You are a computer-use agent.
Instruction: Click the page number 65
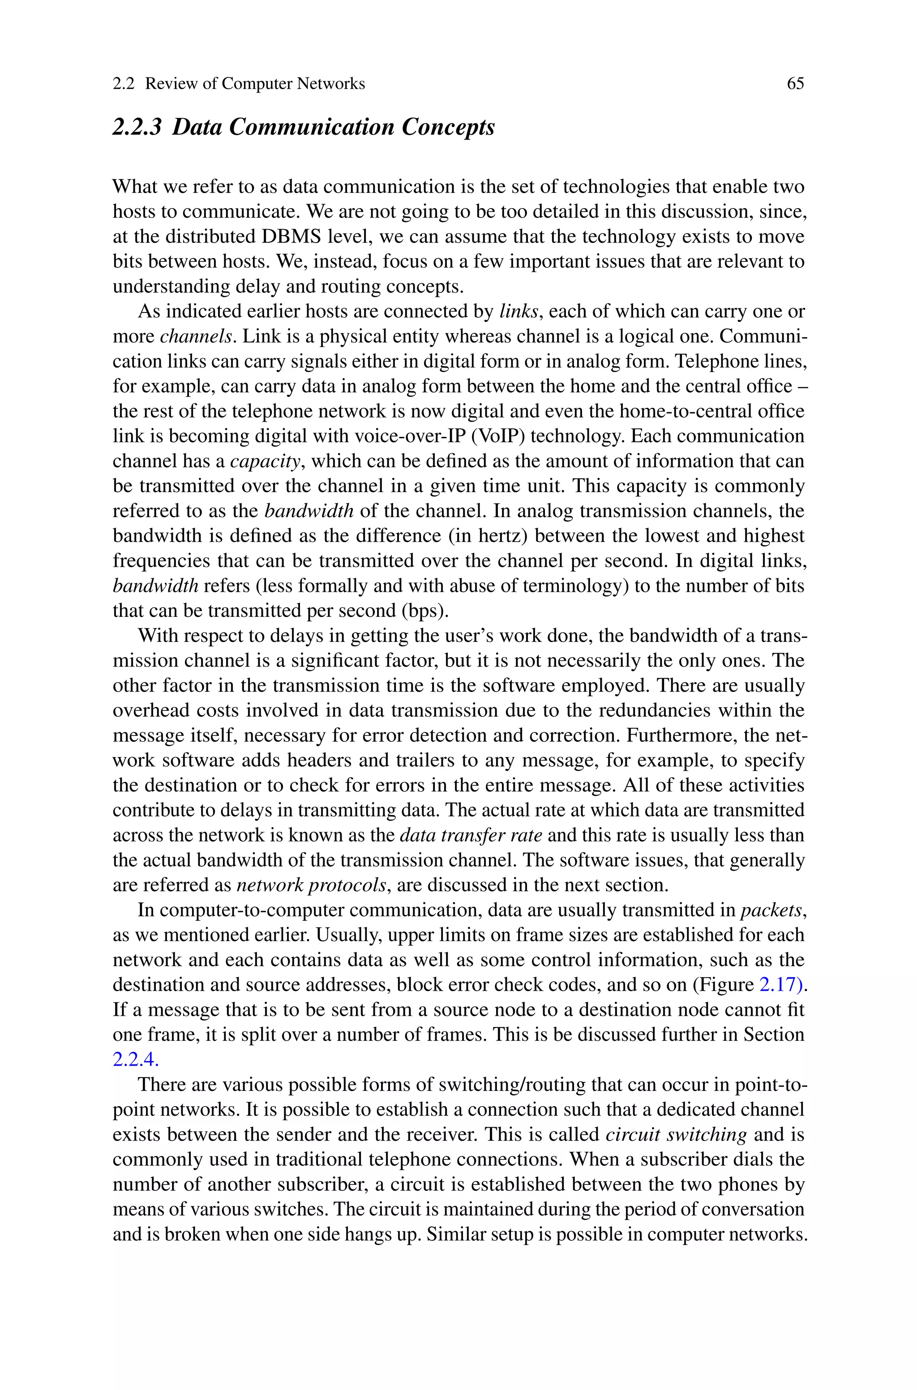[795, 84]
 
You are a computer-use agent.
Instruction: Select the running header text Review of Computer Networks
[254, 84]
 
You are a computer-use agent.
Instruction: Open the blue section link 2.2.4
[135, 1059]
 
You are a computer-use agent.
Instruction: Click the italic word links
[518, 312]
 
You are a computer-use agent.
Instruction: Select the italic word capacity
[265, 461]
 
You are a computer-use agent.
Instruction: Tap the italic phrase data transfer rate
[470, 835]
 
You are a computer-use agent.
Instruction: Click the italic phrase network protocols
[311, 885]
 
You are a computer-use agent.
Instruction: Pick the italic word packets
[771, 910]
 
